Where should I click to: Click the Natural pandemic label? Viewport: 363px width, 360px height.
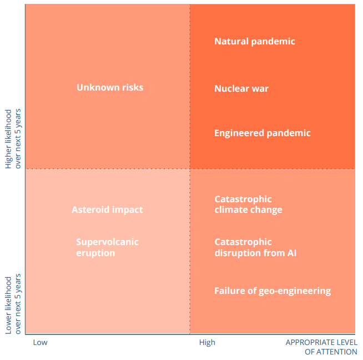pos(254,41)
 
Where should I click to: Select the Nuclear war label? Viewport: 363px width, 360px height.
pos(241,88)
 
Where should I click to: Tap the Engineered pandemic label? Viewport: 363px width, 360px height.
pos(262,133)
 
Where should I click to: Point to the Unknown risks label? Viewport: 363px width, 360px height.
pos(110,87)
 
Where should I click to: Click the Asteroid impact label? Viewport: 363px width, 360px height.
pos(107,209)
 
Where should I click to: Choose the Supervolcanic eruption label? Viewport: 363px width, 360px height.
pos(107,247)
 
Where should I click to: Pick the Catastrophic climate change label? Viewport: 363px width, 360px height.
pos(248,204)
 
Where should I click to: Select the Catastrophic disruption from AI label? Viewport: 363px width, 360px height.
pos(255,247)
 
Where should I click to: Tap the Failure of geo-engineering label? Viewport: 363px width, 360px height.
pos(272,291)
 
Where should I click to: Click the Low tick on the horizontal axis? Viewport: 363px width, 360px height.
pos(40,342)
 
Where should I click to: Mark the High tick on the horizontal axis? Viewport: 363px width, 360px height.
pos(207,342)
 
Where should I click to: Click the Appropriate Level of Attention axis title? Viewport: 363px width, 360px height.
pos(321,347)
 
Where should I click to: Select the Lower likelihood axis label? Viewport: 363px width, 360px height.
pos(13,303)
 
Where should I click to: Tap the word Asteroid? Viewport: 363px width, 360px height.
pos(90,209)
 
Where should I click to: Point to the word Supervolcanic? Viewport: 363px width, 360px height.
pos(107,242)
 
